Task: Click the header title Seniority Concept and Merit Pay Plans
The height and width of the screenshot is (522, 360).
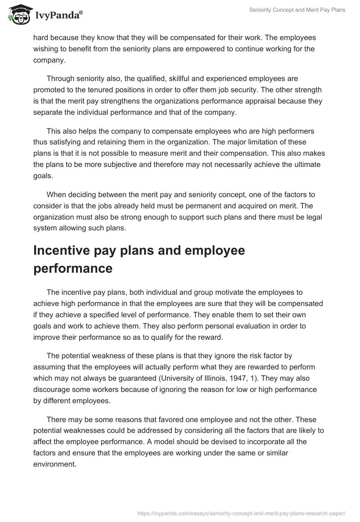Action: pyautogui.click(x=297, y=10)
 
